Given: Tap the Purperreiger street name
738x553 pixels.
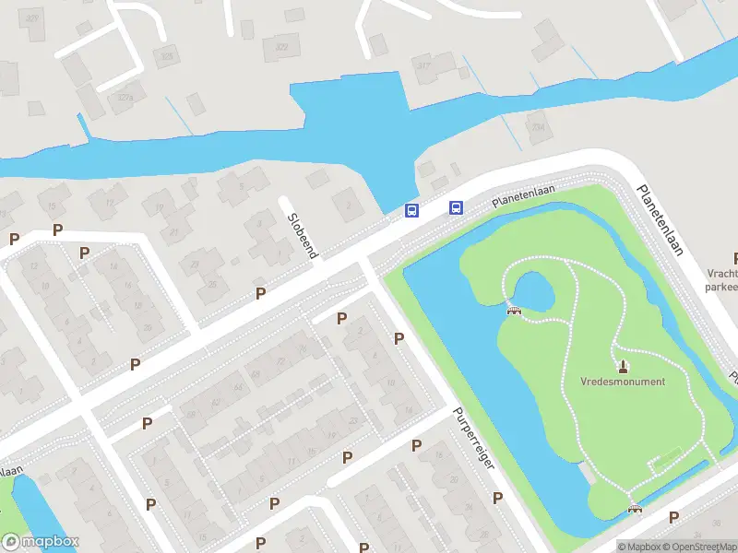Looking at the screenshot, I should click(474, 439).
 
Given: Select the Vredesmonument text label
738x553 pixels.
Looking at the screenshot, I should click(623, 382).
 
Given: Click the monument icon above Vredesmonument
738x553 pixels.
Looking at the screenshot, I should click(623, 366).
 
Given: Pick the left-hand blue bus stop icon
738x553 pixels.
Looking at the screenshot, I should click(411, 211).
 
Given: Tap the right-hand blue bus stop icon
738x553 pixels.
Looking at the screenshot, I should click(456, 207).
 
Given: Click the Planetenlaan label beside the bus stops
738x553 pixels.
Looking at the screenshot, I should click(522, 192).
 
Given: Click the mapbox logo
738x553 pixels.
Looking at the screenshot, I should click(41, 542).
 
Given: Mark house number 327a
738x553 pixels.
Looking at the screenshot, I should click(125, 96).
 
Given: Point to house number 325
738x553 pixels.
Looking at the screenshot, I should click(167, 57).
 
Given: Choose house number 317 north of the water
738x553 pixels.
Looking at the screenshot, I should click(423, 65).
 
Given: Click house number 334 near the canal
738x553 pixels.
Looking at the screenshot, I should click(538, 127).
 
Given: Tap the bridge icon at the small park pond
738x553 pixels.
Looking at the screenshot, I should click(514, 310).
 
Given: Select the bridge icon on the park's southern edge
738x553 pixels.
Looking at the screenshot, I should click(635, 508).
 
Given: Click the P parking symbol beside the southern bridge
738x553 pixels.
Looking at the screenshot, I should click(673, 517).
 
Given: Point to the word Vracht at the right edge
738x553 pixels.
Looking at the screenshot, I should click(722, 274).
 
